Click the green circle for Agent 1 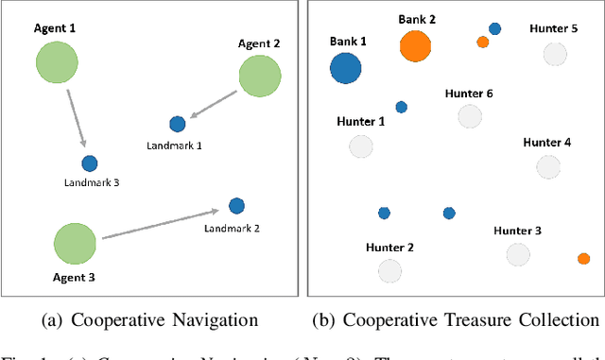point(57,63)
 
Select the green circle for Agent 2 point(259,76)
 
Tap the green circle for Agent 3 point(74,243)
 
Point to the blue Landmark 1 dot point(177,124)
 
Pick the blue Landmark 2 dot point(236,205)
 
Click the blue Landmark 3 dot point(89,163)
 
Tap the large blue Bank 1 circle point(345,67)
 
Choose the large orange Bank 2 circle point(414,45)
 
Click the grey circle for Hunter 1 point(361,146)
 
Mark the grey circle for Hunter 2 point(389,271)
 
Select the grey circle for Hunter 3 point(517,253)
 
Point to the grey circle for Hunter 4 point(547,167)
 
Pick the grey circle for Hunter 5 point(555,54)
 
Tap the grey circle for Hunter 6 point(470,116)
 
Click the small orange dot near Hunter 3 point(583,258)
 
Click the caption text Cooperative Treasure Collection point(458,319)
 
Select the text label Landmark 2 point(233,227)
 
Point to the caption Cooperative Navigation point(151,319)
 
